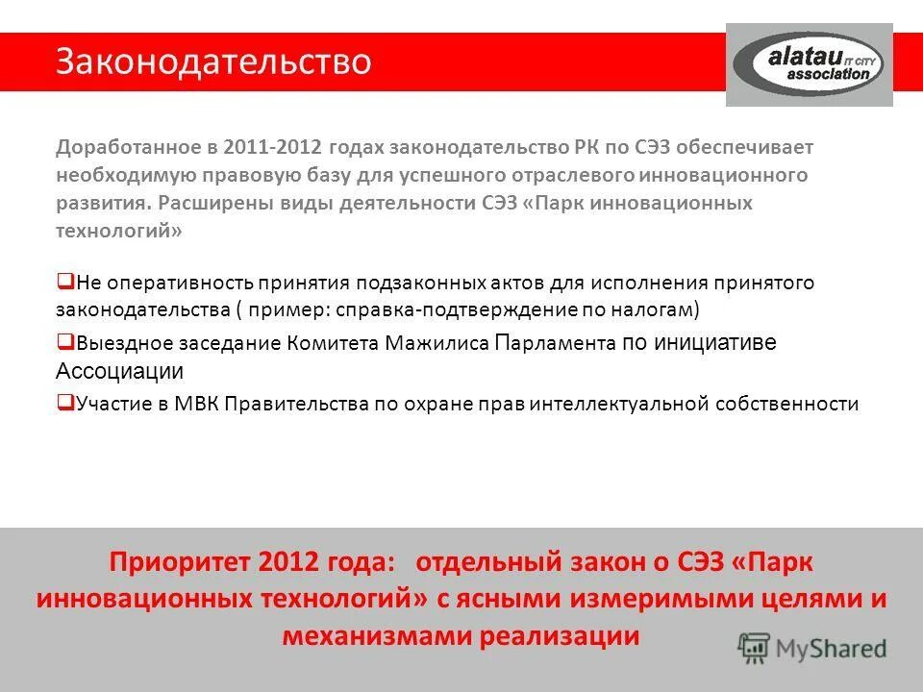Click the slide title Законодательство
coord(212,62)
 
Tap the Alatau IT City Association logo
coord(809,64)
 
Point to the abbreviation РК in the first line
coord(586,147)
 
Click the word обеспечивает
coord(751,147)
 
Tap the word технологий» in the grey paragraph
coord(118,232)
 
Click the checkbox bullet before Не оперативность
coord(65,282)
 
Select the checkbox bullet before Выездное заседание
coord(65,341)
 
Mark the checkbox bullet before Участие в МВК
coord(65,403)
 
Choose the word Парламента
coord(555,343)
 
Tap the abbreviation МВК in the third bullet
coord(196,404)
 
